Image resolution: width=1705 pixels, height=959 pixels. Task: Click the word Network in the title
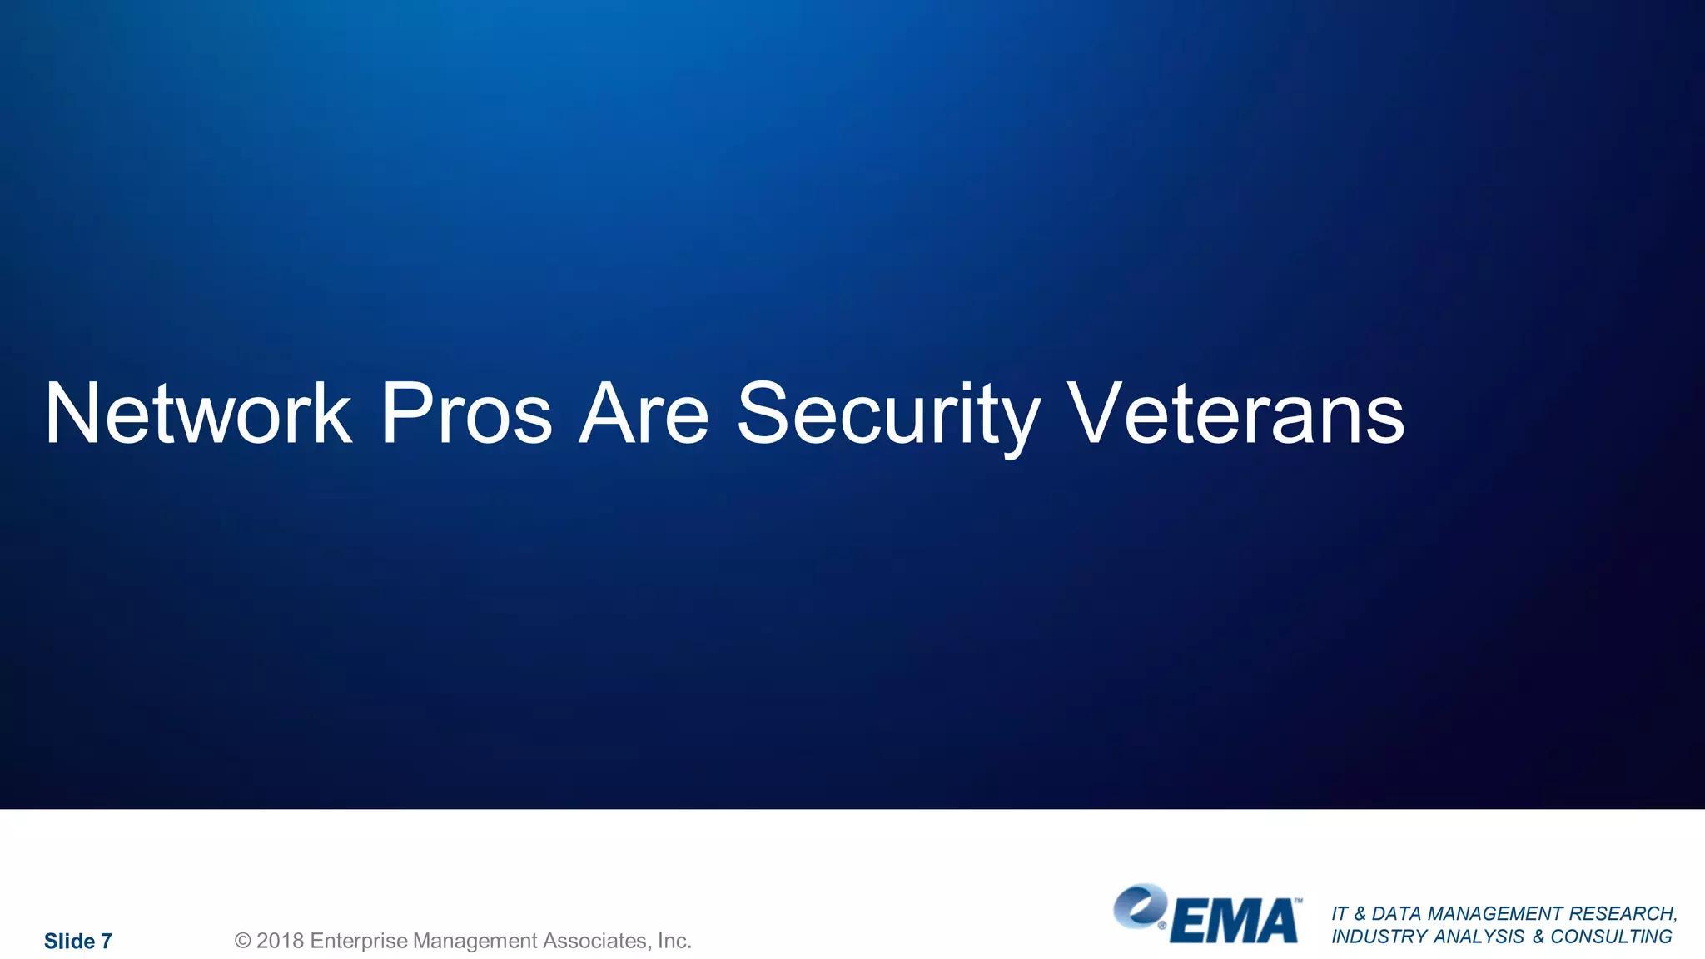pyautogui.click(x=198, y=414)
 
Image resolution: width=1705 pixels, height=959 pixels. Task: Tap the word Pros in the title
pyautogui.click(x=466, y=414)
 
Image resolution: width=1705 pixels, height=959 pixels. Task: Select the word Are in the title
pyautogui.click(x=644, y=414)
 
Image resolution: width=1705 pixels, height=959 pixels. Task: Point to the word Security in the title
pyautogui.click(x=888, y=414)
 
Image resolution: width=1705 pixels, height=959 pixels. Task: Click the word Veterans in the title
pyautogui.click(x=1235, y=414)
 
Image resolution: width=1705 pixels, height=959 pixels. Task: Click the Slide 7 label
pyautogui.click(x=77, y=942)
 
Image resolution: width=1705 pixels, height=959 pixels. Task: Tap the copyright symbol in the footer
pyautogui.click(x=242, y=941)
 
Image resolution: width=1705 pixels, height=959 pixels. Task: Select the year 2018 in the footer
pyautogui.click(x=280, y=941)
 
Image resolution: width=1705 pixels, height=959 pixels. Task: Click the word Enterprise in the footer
pyautogui.click(x=359, y=941)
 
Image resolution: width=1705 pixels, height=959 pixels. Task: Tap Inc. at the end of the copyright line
pyautogui.click(x=674, y=941)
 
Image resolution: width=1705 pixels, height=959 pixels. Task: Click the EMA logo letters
pyautogui.click(x=1234, y=922)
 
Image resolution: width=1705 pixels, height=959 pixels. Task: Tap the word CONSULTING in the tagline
pyautogui.click(x=1611, y=937)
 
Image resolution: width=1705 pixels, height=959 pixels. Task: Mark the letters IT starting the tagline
pyautogui.click(x=1340, y=914)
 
